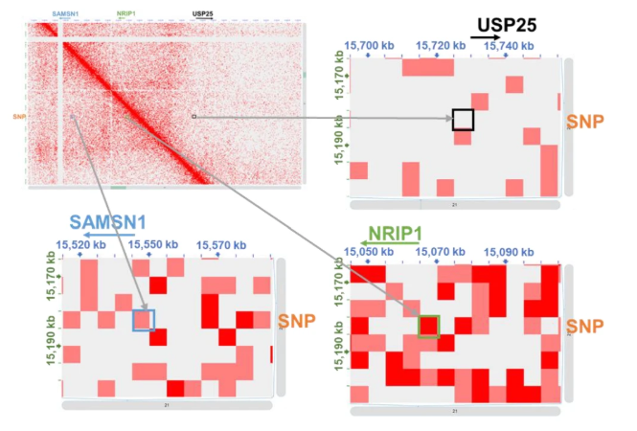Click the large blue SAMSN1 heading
[x=105, y=220]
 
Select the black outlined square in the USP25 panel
[x=463, y=120]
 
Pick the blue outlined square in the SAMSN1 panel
[x=143, y=320]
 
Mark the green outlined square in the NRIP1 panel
[x=428, y=326]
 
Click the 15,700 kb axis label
[x=368, y=44]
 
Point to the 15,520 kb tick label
[x=80, y=245]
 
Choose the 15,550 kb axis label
[x=148, y=245]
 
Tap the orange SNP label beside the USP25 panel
[x=585, y=121]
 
